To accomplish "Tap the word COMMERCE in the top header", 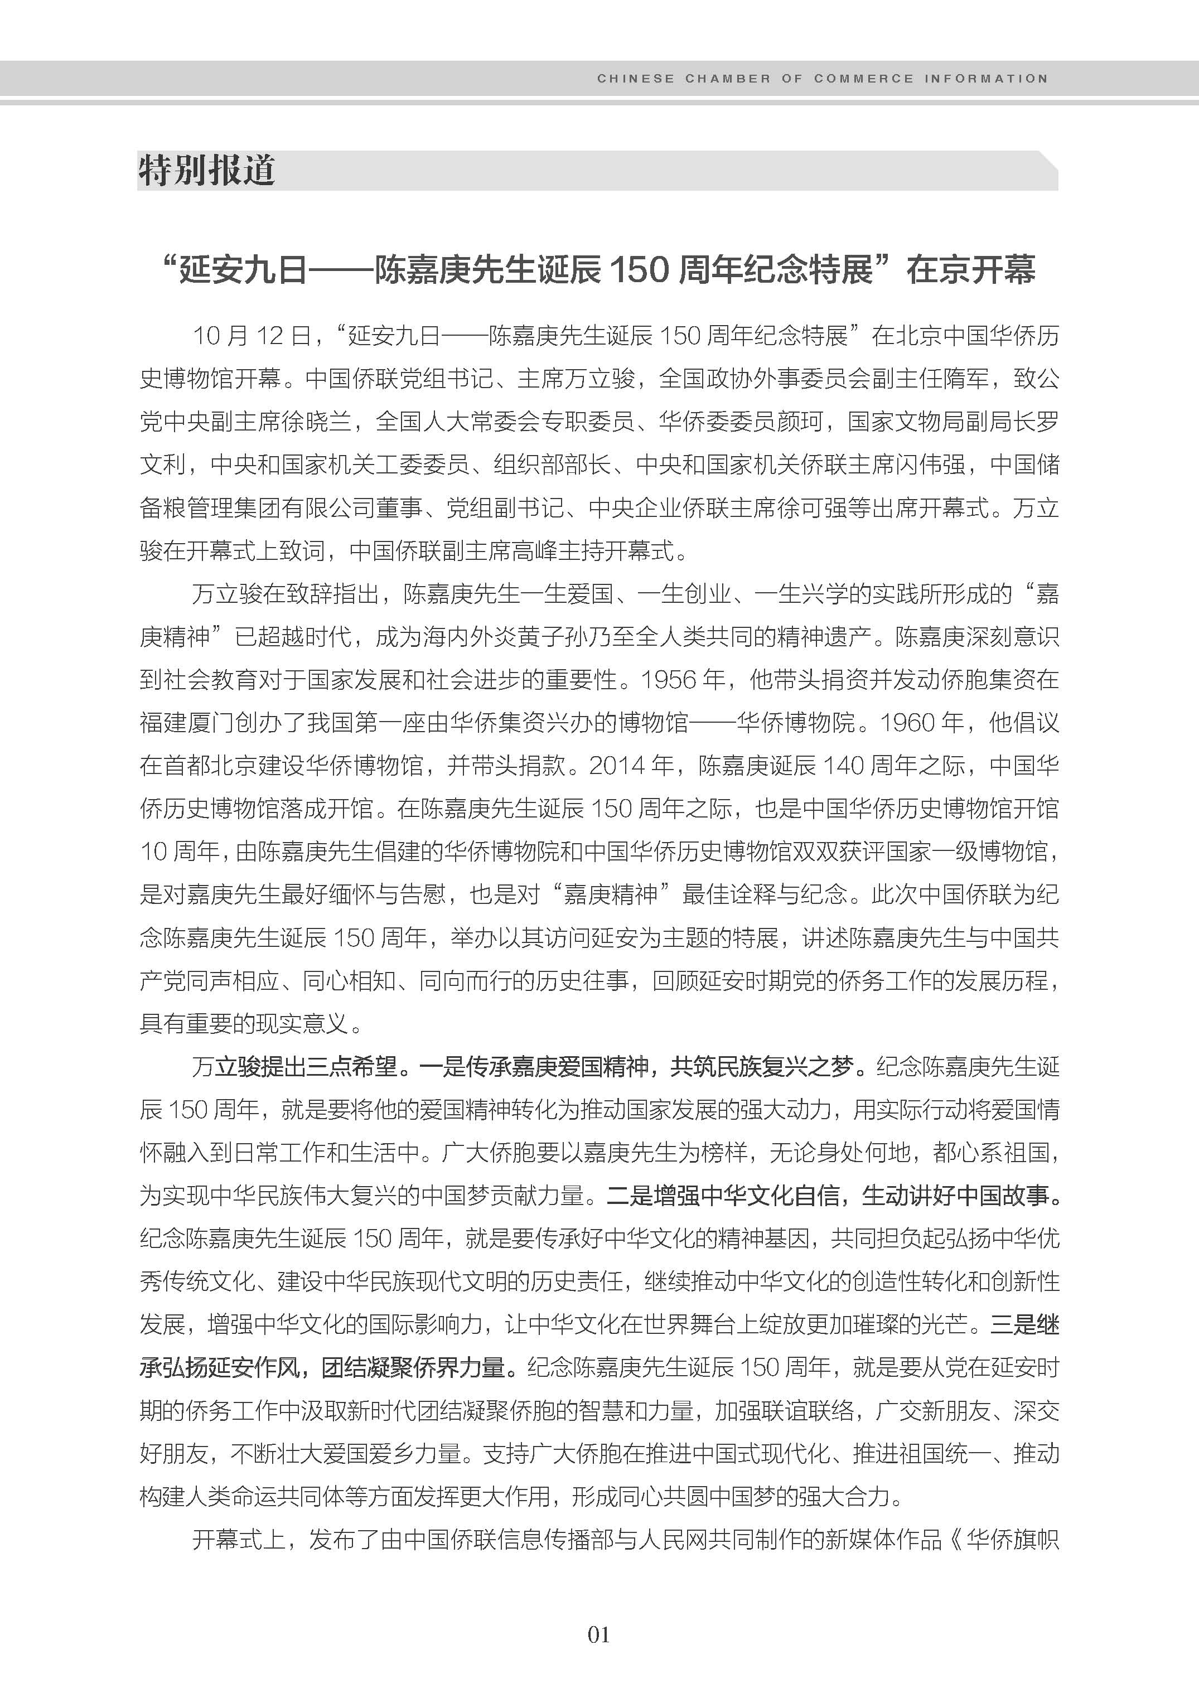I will [863, 78].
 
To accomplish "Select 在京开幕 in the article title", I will [971, 269].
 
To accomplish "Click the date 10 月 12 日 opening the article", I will [251, 336].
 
